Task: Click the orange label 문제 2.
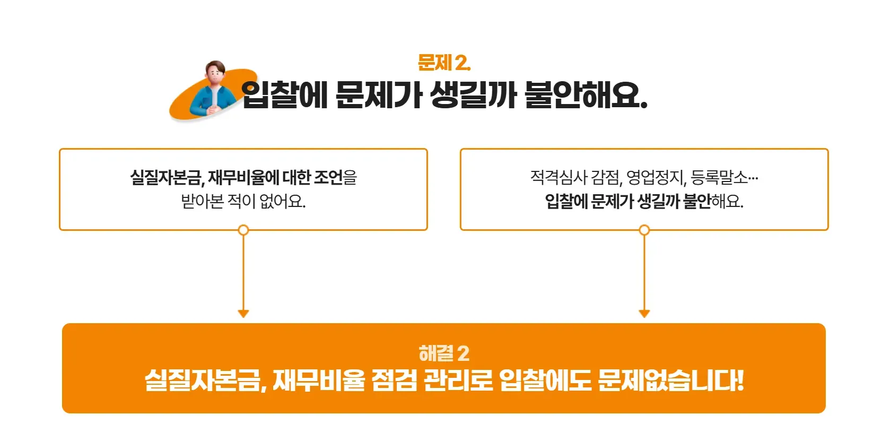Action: pos(444,63)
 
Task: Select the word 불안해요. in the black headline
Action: pos(586,96)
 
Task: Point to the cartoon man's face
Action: pos(215,74)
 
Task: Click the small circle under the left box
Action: pos(243,230)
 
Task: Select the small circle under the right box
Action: pos(644,230)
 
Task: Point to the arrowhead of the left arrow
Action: pos(243,313)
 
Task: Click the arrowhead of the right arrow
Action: pos(644,313)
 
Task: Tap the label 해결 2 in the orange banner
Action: pos(444,353)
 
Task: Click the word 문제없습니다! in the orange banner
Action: pos(671,380)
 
